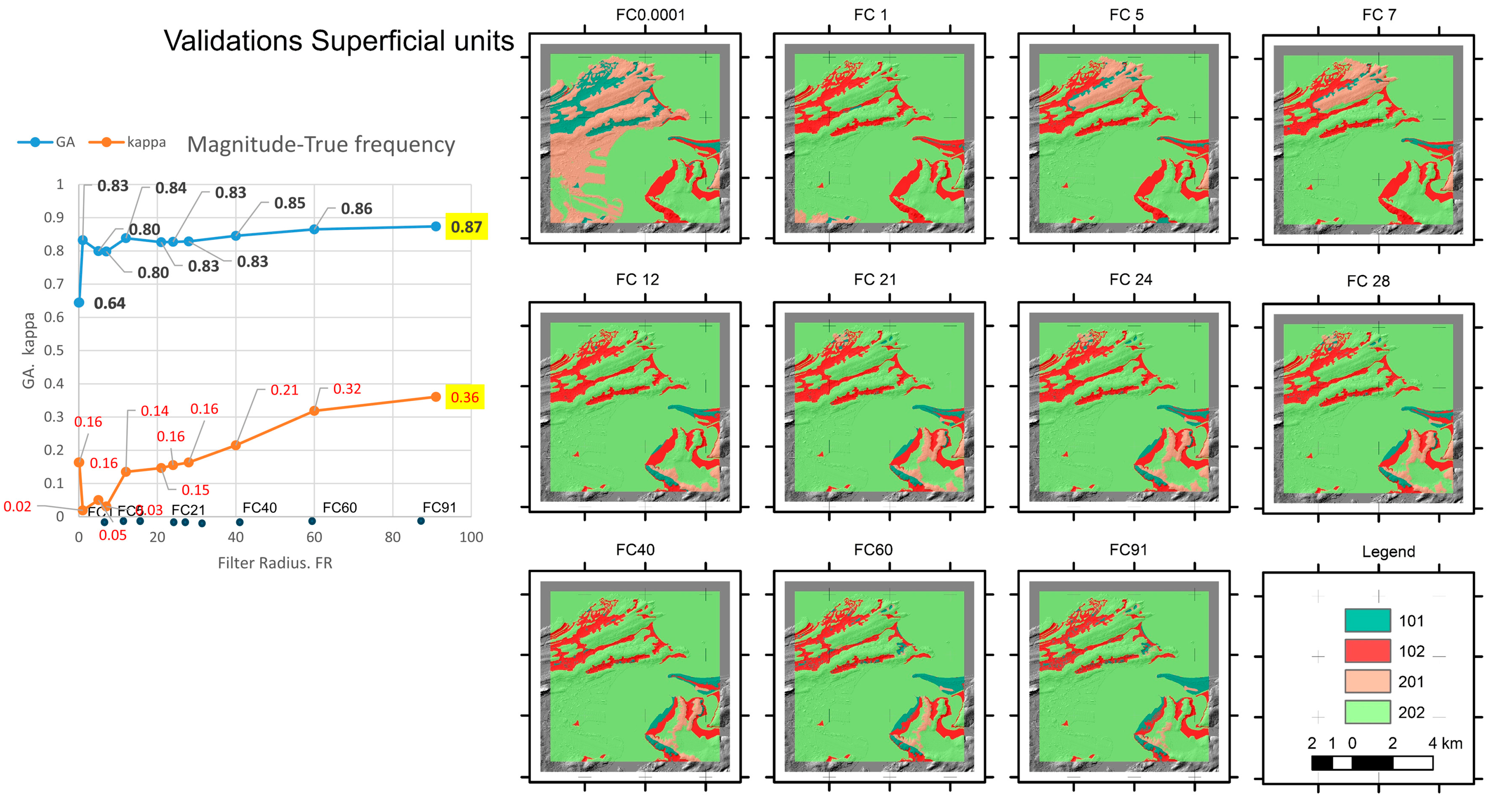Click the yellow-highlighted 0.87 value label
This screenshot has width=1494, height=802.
coord(466,227)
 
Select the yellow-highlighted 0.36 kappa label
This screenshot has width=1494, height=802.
coord(464,397)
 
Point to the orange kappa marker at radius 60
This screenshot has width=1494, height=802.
coord(314,411)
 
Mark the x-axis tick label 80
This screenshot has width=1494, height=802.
coord(392,537)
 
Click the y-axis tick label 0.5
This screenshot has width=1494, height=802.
coord(54,350)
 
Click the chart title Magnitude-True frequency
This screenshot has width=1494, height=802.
coord(321,144)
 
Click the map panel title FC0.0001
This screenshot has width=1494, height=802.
coord(650,15)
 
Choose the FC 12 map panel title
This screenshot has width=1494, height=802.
coord(637,279)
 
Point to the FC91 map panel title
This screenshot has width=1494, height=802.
coord(1128,550)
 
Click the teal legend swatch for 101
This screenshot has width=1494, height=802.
coord(1367,620)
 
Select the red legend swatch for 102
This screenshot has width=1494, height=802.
coord(1367,651)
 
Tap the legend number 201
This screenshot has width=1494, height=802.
coord(1411,682)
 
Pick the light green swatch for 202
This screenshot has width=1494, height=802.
coord(1367,712)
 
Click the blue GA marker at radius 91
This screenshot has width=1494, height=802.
coord(436,226)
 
